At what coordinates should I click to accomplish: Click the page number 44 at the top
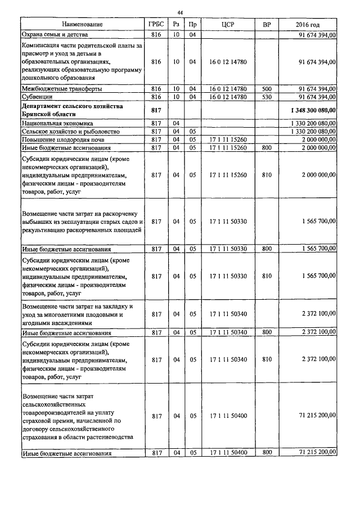[180, 12]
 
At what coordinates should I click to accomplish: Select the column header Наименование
[83, 25]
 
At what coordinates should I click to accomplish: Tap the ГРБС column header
[156, 25]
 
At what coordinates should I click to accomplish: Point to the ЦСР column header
[228, 25]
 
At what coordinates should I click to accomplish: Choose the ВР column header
[267, 25]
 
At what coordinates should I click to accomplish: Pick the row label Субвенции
[37, 97]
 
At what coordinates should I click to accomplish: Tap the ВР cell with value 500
[267, 89]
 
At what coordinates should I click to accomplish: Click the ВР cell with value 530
[267, 97]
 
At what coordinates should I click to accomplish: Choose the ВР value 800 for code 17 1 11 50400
[267, 452]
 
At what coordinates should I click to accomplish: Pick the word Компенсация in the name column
[43, 44]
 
